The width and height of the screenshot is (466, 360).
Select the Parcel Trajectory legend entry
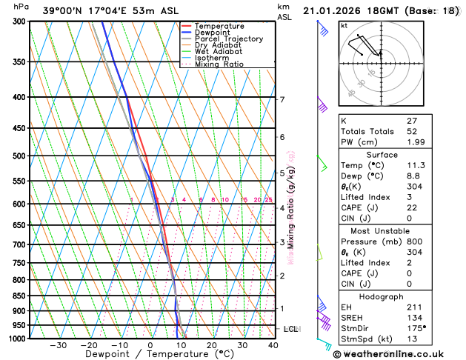tap(228, 39)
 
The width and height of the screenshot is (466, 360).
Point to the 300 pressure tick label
tap(17, 21)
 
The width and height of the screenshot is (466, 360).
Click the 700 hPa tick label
tap(17, 244)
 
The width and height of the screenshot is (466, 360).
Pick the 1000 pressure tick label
tap(15, 339)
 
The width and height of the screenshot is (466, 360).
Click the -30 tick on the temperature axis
tap(58, 345)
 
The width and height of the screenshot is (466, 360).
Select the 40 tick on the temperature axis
tap(273, 345)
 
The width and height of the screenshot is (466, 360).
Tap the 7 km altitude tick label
tap(282, 99)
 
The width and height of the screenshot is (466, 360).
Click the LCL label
tap(291, 328)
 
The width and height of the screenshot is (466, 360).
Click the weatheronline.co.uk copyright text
tap(401, 353)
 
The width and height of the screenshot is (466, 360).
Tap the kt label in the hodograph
tap(344, 25)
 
